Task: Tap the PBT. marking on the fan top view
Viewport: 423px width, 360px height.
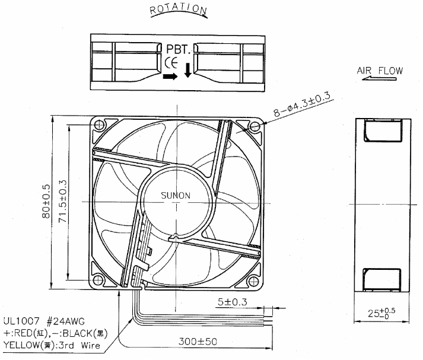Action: point(178,49)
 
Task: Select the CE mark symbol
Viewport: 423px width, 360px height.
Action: point(171,62)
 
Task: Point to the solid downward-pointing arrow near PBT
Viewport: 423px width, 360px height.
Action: point(187,70)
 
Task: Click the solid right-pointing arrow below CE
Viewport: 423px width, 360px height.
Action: point(170,77)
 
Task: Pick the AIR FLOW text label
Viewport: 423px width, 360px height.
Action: point(380,71)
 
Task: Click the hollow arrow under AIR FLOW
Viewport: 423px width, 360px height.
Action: point(379,79)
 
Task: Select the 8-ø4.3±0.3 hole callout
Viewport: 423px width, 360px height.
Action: point(302,104)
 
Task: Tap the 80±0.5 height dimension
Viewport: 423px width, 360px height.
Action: point(46,201)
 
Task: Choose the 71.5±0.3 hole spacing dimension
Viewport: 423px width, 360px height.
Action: point(62,201)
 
